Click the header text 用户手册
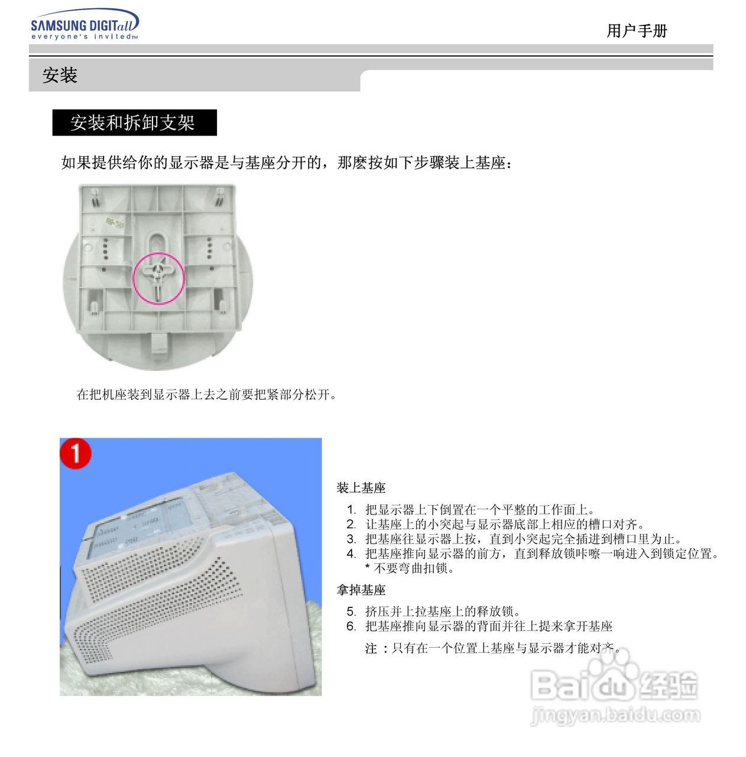(637, 31)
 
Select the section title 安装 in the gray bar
(60, 76)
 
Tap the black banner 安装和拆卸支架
(134, 122)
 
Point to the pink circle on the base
(158, 279)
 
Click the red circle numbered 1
(76, 454)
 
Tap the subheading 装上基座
(361, 488)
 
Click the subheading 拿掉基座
(361, 590)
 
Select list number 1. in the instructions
(352, 510)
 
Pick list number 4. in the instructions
(352, 554)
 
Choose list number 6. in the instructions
(352, 626)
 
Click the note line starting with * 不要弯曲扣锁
(410, 568)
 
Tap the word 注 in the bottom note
(371, 649)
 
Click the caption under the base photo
(207, 394)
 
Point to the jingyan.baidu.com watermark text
(615, 716)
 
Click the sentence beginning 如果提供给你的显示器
(286, 163)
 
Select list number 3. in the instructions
(352, 539)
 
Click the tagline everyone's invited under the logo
(84, 37)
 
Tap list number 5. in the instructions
(352, 612)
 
